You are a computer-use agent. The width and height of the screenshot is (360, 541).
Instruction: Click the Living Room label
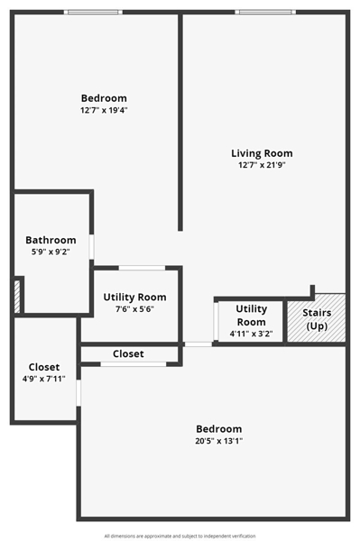(x=262, y=153)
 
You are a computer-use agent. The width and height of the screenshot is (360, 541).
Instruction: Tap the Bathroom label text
(x=51, y=240)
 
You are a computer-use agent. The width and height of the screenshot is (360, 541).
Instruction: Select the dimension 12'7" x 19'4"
(x=105, y=110)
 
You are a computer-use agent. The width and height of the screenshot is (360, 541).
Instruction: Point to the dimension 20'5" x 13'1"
(x=219, y=441)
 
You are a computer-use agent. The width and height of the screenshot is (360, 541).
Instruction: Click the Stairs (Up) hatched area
(x=317, y=318)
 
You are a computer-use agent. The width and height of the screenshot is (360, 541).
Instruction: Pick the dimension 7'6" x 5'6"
(x=134, y=308)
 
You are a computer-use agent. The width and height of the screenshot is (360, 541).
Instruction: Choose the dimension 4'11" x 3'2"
(x=251, y=334)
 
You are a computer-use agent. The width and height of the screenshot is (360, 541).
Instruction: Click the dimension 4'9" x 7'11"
(x=44, y=379)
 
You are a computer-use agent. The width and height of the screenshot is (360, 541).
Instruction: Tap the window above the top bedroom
(x=93, y=12)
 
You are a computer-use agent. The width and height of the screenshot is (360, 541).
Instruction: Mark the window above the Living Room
(x=265, y=12)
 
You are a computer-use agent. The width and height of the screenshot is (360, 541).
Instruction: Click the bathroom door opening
(x=91, y=247)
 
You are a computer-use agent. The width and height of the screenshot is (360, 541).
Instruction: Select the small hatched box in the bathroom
(x=17, y=297)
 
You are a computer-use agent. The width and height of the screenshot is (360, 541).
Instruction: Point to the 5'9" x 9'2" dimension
(x=51, y=252)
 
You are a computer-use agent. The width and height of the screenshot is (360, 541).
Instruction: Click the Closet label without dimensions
(x=128, y=354)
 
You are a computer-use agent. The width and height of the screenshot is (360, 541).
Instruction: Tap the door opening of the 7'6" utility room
(x=143, y=268)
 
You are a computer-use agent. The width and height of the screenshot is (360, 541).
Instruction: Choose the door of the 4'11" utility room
(x=216, y=321)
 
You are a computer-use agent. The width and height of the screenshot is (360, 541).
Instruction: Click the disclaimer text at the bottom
(x=180, y=536)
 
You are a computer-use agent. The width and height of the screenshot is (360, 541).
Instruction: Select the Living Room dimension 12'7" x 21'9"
(x=262, y=165)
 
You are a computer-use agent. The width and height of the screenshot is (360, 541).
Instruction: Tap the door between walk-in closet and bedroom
(x=78, y=392)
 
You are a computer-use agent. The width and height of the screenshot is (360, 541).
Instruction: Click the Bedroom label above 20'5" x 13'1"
(x=219, y=429)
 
